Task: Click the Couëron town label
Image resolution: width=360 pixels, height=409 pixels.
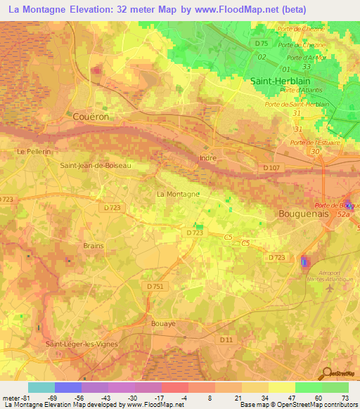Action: tap(91, 117)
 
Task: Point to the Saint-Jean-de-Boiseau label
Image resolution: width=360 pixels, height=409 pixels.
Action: tap(95, 166)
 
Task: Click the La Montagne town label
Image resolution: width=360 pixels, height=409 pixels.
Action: tap(178, 193)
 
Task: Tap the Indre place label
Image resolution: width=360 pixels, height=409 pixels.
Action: tap(208, 158)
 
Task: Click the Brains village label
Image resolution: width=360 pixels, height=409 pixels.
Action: tap(93, 245)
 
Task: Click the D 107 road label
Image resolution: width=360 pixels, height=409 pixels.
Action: tap(271, 167)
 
